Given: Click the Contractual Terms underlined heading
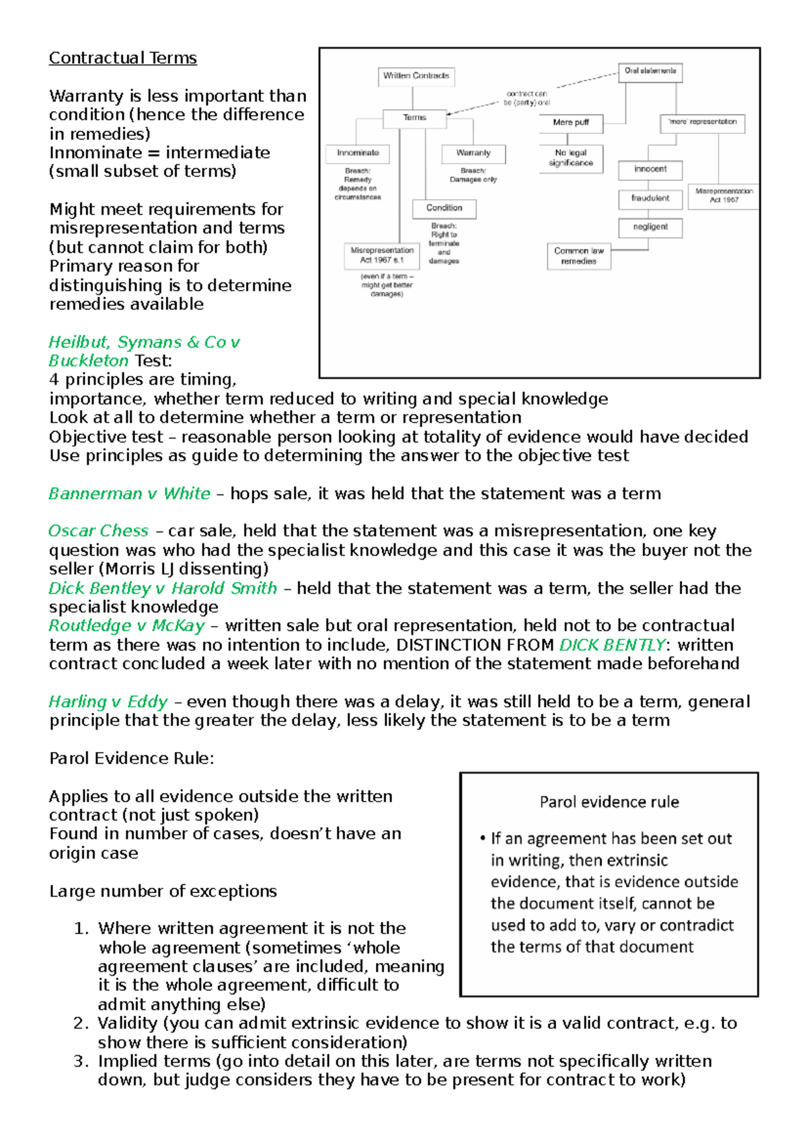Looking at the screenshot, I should pyautogui.click(x=122, y=59).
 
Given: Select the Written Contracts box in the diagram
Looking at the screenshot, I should pyautogui.click(x=416, y=76).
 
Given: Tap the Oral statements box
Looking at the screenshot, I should pyautogui.click(x=650, y=71).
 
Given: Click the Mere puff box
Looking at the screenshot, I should pyautogui.click(x=571, y=122).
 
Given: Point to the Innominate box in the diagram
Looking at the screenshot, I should pyautogui.click(x=358, y=153).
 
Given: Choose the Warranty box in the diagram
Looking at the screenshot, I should pyautogui.click(x=473, y=153).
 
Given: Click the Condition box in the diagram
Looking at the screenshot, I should pyautogui.click(x=444, y=208).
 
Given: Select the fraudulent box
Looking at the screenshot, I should pyautogui.click(x=650, y=198).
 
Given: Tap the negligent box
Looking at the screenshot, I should pyautogui.click(x=650, y=227).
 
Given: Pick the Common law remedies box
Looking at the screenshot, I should pyautogui.click(x=578, y=256).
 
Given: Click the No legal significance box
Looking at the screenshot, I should pyautogui.click(x=571, y=158).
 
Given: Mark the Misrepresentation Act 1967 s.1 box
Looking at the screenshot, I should pyautogui.click(x=381, y=255).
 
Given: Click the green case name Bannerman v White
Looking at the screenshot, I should pyautogui.click(x=129, y=494).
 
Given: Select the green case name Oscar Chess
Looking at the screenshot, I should pyautogui.click(x=98, y=531).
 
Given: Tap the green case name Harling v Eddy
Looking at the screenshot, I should pyautogui.click(x=108, y=702).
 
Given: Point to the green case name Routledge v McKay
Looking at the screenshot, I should pyautogui.click(x=126, y=626).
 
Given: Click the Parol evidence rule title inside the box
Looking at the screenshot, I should pyautogui.click(x=609, y=802).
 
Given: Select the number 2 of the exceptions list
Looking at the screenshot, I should pyautogui.click(x=81, y=1024).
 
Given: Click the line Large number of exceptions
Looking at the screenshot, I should pyautogui.click(x=163, y=891).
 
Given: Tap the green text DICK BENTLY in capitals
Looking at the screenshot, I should pyautogui.click(x=612, y=645).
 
